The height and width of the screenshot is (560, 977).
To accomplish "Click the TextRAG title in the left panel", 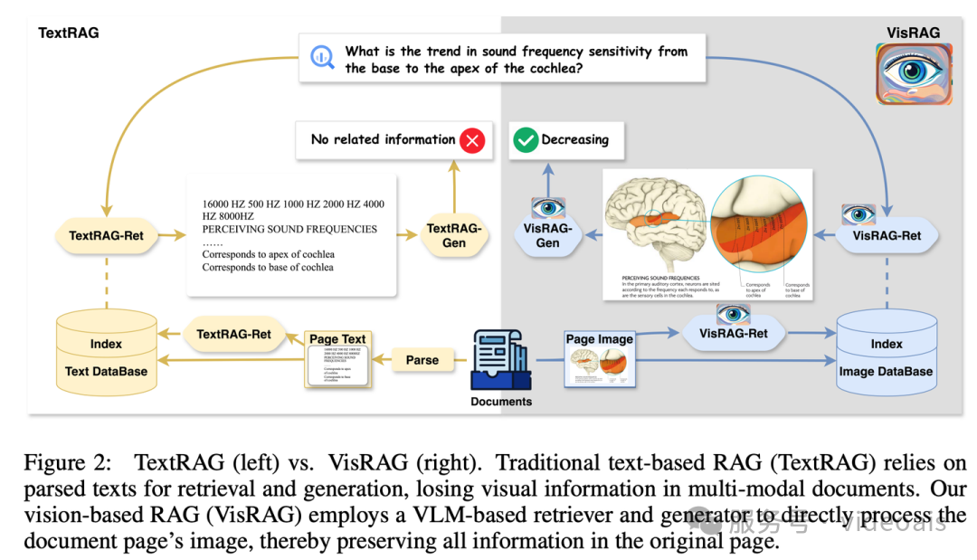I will (x=69, y=33).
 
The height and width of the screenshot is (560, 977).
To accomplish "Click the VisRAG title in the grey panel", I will (x=913, y=33).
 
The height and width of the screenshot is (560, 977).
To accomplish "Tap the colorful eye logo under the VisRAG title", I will (x=915, y=74).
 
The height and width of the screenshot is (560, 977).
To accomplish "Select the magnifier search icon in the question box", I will (x=322, y=58).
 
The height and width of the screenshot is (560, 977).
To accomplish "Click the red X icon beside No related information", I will (x=471, y=140).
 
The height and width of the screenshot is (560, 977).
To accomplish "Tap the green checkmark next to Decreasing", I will (x=525, y=140).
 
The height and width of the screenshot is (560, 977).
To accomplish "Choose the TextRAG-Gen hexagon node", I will (x=454, y=236).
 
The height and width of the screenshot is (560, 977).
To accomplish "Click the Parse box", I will (x=422, y=359).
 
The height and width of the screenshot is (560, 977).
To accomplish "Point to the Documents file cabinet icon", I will (x=500, y=358).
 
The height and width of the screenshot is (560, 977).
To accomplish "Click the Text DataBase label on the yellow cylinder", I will (x=106, y=371).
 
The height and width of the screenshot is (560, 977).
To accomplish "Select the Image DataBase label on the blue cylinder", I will (x=886, y=371).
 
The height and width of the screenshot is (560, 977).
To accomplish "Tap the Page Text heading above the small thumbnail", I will (x=337, y=339).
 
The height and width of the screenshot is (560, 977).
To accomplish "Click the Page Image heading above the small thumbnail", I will (x=599, y=339).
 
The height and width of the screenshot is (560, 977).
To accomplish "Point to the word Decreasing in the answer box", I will (x=574, y=140).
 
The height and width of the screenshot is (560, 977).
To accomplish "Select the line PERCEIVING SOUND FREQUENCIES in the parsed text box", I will (x=289, y=229).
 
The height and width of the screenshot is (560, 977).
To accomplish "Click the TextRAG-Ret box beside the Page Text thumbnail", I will (x=233, y=334).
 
